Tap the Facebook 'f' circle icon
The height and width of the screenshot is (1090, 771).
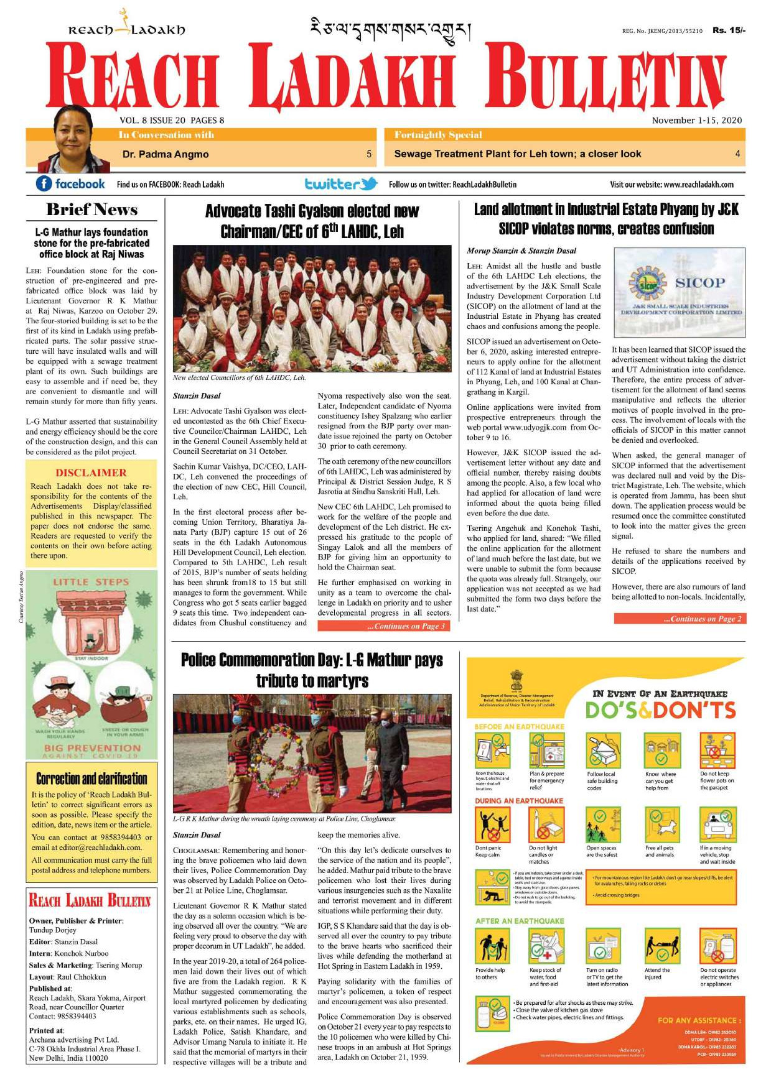[x=44, y=184]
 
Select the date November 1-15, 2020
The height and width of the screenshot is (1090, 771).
[x=696, y=121]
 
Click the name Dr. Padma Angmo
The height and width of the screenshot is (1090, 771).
[x=166, y=154]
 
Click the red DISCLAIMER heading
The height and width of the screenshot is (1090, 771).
[x=91, y=473]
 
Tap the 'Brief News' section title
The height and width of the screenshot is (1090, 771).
[x=91, y=210]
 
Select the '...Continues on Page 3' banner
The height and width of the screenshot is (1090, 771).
[x=383, y=626]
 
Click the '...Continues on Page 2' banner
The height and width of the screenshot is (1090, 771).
[x=680, y=619]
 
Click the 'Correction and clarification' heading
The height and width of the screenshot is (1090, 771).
[x=91, y=778]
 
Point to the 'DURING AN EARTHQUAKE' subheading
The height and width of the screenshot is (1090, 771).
[x=519, y=801]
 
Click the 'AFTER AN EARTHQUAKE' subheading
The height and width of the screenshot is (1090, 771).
[x=520, y=921]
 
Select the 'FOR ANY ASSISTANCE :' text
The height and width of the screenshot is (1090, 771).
[x=699, y=1020]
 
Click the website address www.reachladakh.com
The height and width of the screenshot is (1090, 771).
[x=699, y=185]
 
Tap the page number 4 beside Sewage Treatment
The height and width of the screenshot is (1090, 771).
[x=737, y=154]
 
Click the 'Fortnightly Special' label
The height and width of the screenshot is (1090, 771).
[x=438, y=135]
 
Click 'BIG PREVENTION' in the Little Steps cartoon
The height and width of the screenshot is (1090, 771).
[x=92, y=747]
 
